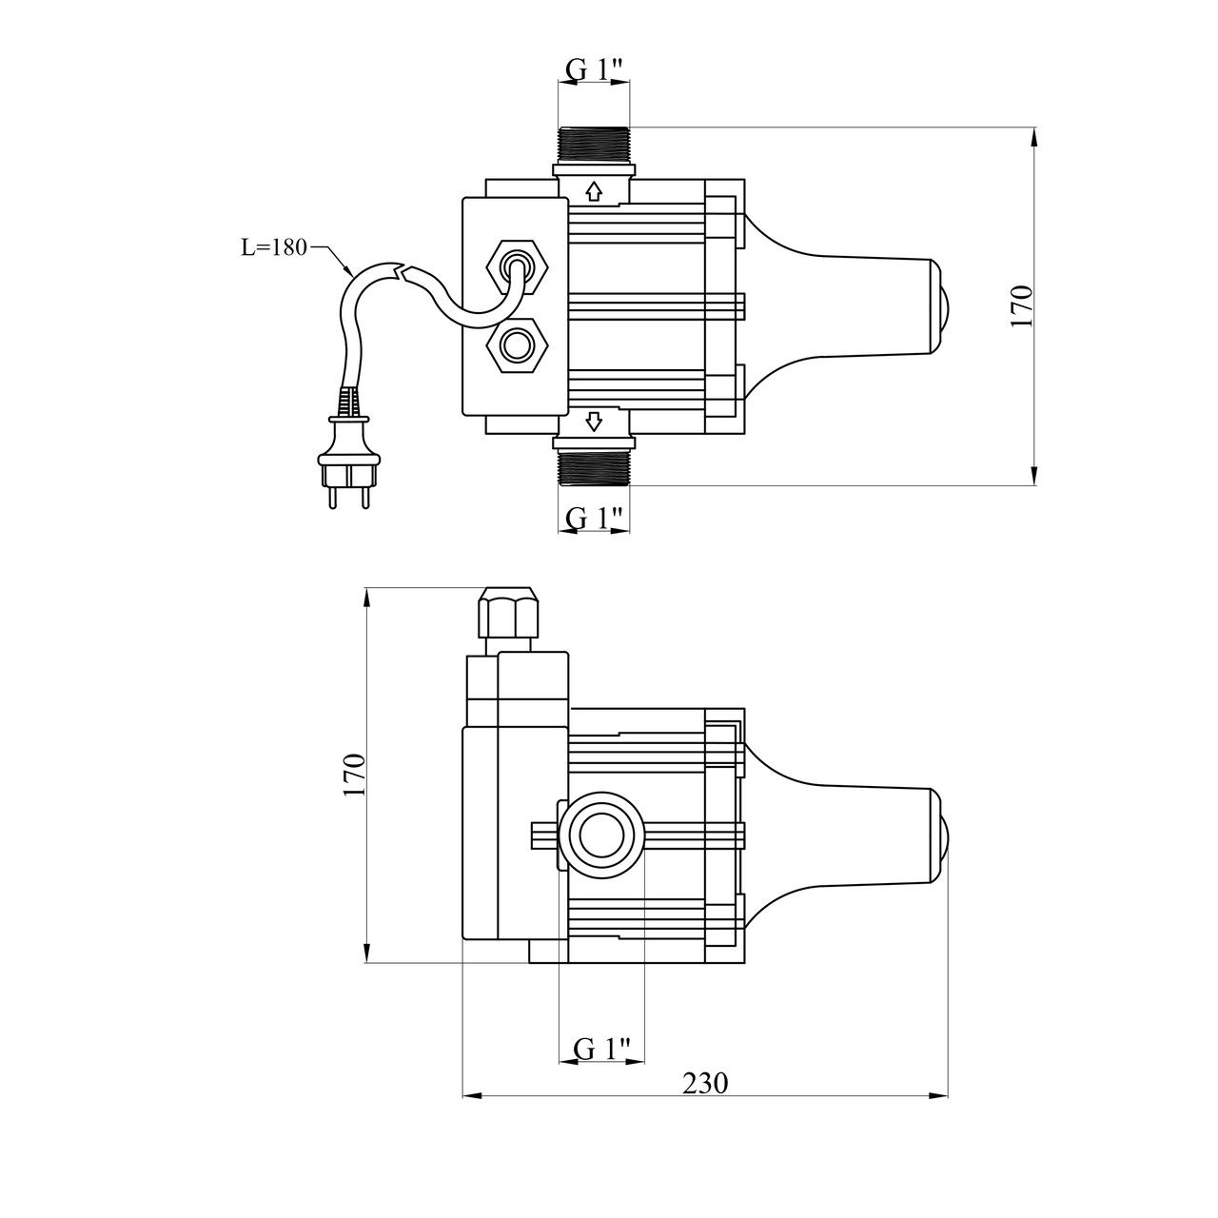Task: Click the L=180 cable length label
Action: pos(272,247)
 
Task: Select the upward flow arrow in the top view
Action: pos(594,192)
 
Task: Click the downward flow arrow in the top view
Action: pos(594,421)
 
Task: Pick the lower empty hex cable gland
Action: pos(517,345)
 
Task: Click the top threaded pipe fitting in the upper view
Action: pos(594,145)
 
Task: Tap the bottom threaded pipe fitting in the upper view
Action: pos(594,467)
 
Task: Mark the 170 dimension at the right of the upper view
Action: pos(1022,305)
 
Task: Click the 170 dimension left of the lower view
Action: pos(354,775)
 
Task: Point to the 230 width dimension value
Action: pos(705,1083)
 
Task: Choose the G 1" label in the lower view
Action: pos(602,1049)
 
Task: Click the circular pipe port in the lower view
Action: pos(600,835)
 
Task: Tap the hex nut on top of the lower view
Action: pos(512,614)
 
